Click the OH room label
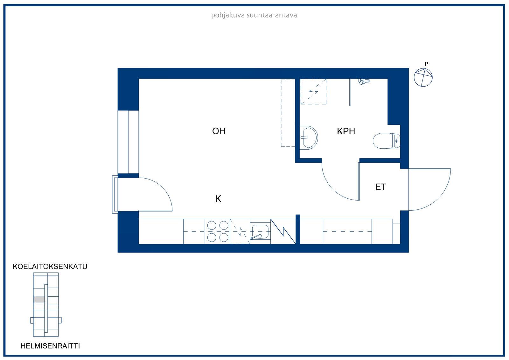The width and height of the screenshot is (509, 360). (x=219, y=131)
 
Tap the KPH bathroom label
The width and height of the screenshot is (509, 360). (x=346, y=131)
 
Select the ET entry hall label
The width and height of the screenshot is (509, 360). (x=380, y=187)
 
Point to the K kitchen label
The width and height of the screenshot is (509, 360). (x=218, y=199)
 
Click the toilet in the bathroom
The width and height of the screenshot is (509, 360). (x=387, y=141)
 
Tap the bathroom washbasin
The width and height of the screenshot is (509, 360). (x=309, y=138)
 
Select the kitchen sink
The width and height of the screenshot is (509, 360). (x=260, y=232)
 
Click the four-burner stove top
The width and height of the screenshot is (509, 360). (x=218, y=231)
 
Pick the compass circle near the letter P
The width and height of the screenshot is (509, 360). (x=423, y=77)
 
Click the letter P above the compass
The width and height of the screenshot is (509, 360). (x=427, y=64)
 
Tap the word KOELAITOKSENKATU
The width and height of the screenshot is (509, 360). (x=50, y=266)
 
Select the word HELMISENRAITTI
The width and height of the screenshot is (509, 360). (x=50, y=346)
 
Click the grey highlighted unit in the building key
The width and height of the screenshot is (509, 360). (x=39, y=299)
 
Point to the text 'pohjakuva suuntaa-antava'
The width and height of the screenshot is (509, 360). (x=254, y=15)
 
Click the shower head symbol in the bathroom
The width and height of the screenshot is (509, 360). (x=364, y=81)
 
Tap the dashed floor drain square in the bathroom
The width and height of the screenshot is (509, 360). (x=313, y=92)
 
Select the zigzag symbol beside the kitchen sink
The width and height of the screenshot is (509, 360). (x=283, y=231)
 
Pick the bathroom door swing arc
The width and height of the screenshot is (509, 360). (x=333, y=189)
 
